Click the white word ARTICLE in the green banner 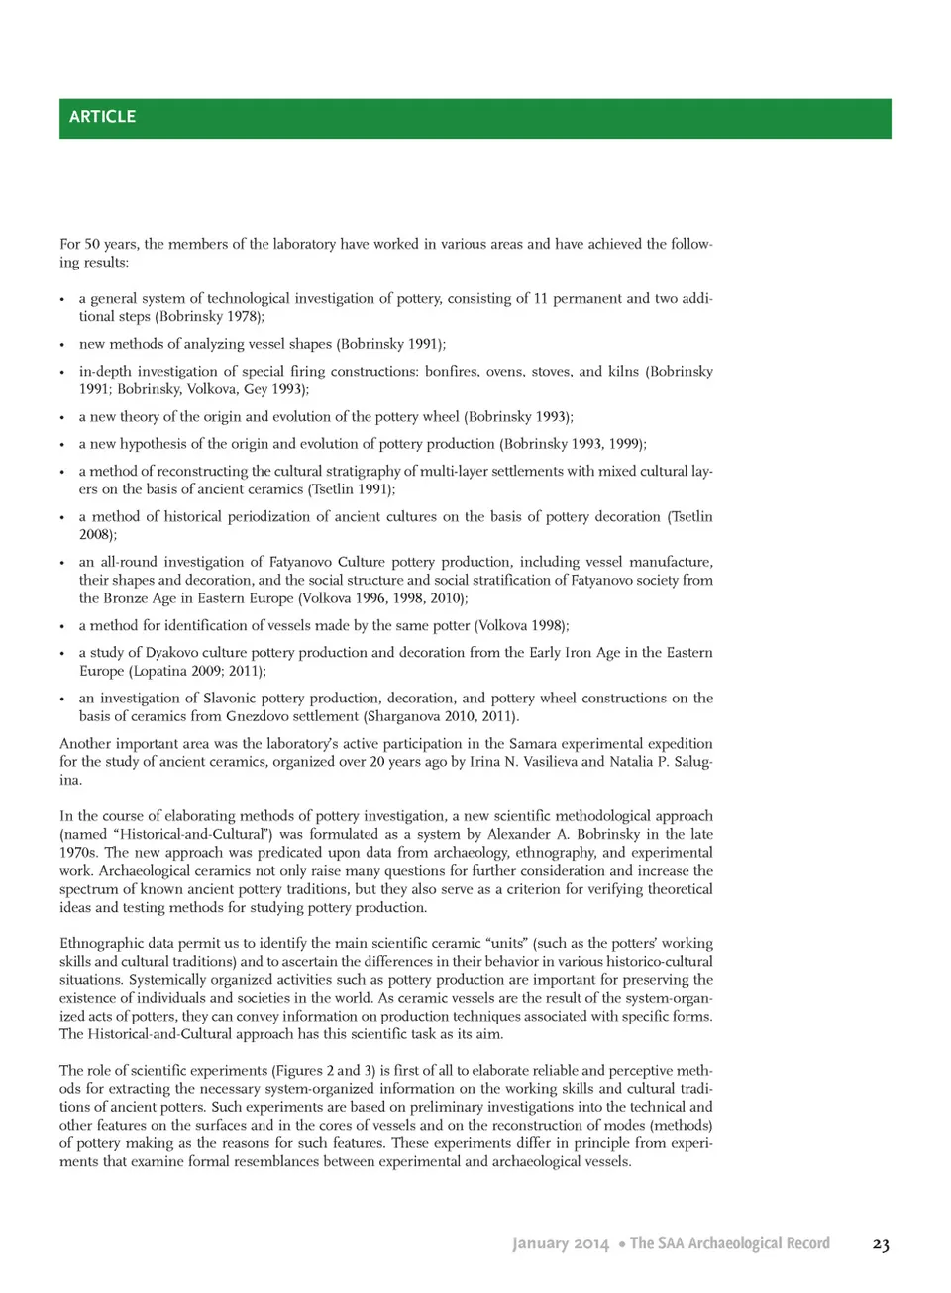tap(102, 117)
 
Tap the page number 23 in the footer tap(880, 1244)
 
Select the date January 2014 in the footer tap(560, 1243)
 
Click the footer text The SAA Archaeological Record tap(730, 1243)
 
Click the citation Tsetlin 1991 tap(352, 489)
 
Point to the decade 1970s tap(78, 853)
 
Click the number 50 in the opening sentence tap(92, 244)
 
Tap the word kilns tap(622, 372)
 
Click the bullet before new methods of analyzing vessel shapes tap(62, 345)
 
